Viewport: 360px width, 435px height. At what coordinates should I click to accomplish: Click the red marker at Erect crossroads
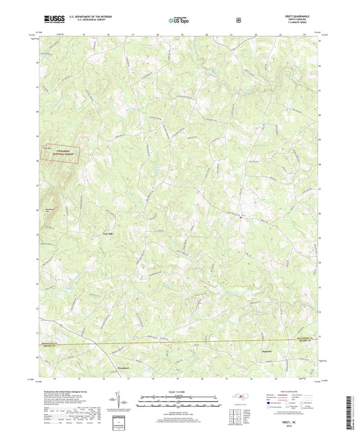click(241, 216)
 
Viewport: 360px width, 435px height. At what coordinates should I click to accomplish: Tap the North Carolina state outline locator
click(244, 396)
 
